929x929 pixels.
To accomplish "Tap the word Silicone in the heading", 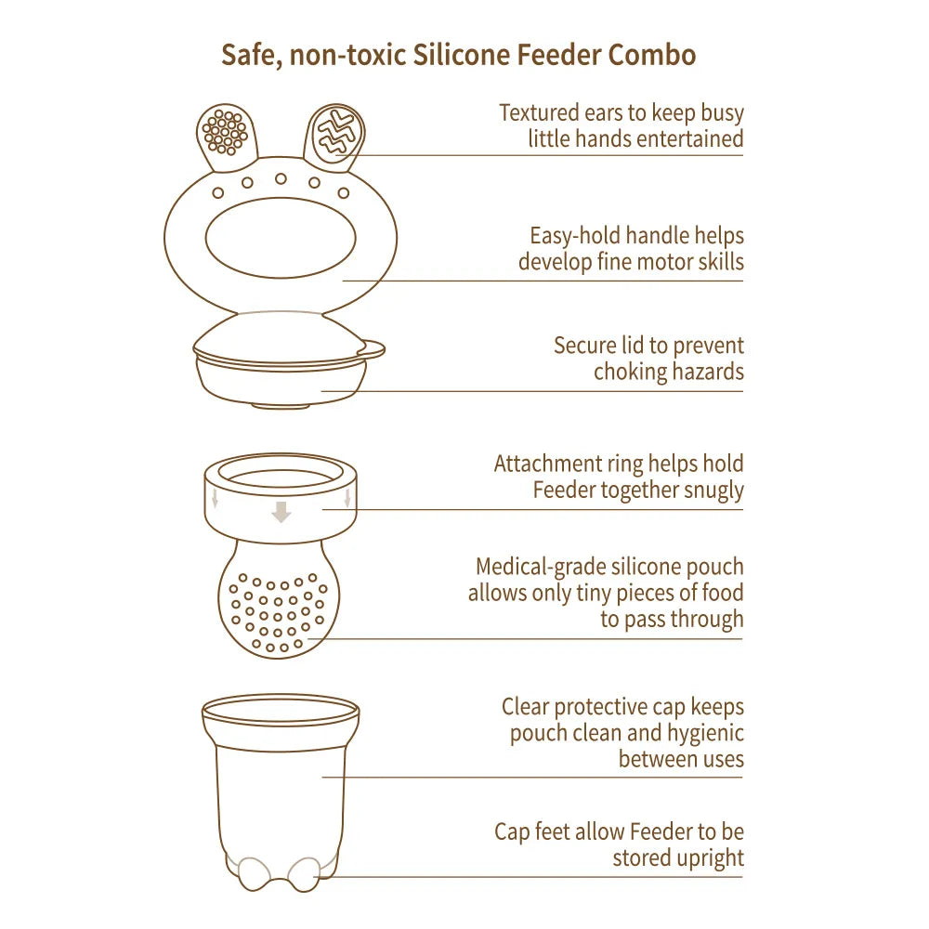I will pos(461,55).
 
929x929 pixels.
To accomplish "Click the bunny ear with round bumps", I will pos(225,136).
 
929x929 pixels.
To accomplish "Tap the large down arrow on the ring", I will pos(281,511).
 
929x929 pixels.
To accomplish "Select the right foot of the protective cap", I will pos(303,873).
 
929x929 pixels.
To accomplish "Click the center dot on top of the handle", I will pos(281,178).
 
